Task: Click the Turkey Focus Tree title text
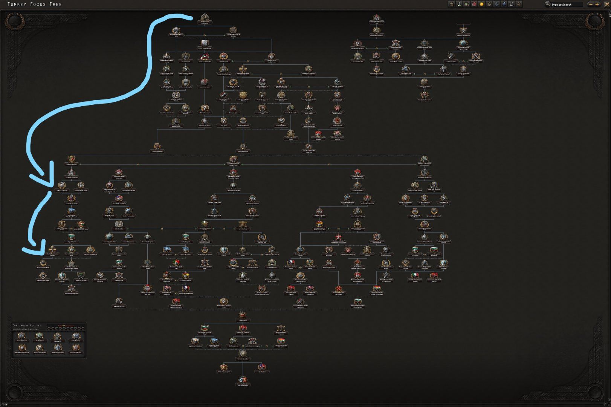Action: [35, 4]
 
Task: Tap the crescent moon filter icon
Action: [512, 4]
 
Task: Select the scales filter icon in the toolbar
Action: [496, 4]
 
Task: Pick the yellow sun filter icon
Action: [481, 4]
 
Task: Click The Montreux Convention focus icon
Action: [205, 18]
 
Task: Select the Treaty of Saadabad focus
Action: [205, 57]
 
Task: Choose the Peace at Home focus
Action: [223, 57]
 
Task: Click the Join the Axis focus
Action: [243, 225]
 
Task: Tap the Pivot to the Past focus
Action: [72, 160]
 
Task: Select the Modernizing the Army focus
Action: [376, 31]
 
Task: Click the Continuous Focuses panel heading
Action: [27, 325]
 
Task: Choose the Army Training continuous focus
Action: [76, 336]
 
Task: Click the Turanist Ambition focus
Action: [243, 355]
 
